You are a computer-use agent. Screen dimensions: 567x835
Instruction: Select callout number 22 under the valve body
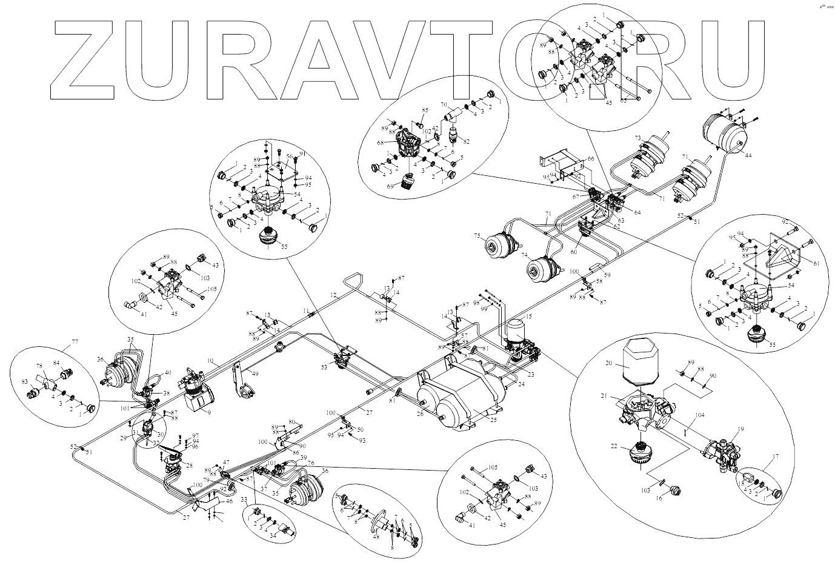[x=614, y=446]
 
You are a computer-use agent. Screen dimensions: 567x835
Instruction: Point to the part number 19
[x=740, y=429]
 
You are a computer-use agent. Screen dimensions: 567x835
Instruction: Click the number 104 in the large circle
[x=700, y=416]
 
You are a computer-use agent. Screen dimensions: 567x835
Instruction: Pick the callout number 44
[x=748, y=156]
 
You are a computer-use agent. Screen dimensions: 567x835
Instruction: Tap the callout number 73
[x=637, y=139]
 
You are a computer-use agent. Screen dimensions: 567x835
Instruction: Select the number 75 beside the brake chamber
[x=477, y=237]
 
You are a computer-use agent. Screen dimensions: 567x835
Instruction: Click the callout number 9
[x=208, y=412]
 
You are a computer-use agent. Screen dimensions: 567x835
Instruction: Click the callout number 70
[x=444, y=104]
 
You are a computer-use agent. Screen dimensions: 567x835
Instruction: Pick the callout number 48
[x=376, y=536]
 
